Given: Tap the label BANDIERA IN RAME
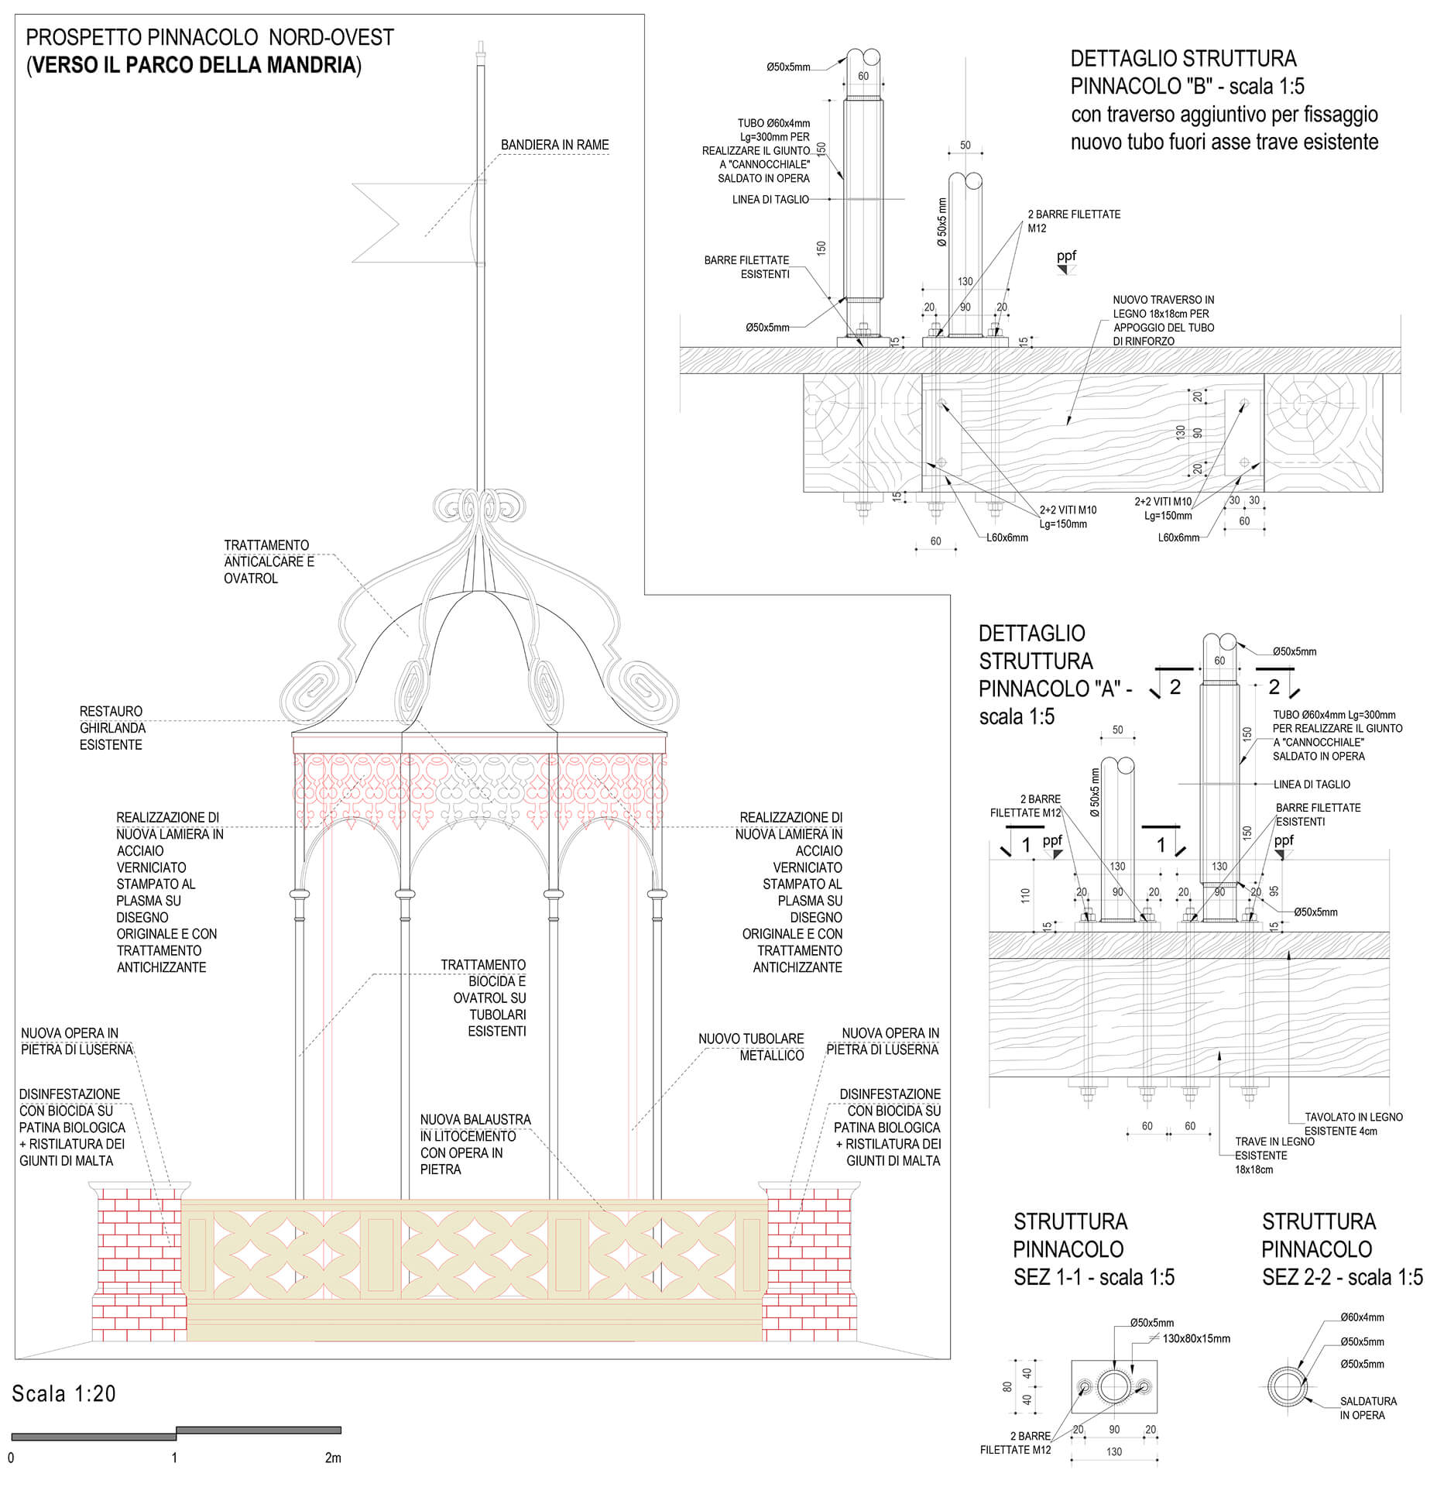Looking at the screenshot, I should tap(554, 145).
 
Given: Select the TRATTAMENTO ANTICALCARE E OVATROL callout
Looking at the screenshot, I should tap(268, 561).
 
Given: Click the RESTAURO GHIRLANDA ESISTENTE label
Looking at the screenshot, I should tap(112, 728).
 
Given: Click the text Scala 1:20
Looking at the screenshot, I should tap(63, 1394).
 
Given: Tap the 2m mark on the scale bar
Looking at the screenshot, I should tap(333, 1458).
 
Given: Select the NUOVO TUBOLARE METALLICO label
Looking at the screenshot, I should tap(751, 1047).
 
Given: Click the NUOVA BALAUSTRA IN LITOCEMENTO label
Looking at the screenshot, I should tap(474, 1144).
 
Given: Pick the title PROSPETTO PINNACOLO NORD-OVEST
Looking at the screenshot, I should tap(210, 37).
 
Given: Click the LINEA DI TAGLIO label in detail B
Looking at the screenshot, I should tap(770, 200).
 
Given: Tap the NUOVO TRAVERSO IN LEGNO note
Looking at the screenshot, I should tap(1163, 320).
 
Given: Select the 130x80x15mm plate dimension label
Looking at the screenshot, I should tap(1195, 1338).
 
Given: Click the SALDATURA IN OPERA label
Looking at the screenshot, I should tap(1367, 1408).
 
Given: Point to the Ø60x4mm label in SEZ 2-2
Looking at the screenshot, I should tap(1362, 1317).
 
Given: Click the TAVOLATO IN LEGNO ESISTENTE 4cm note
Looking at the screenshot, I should tap(1352, 1124).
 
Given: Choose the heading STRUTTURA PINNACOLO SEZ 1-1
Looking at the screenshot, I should tap(1092, 1249).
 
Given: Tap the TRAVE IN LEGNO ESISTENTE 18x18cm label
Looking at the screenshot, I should tap(1273, 1155).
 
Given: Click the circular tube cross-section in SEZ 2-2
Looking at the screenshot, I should tap(1287, 1386).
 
